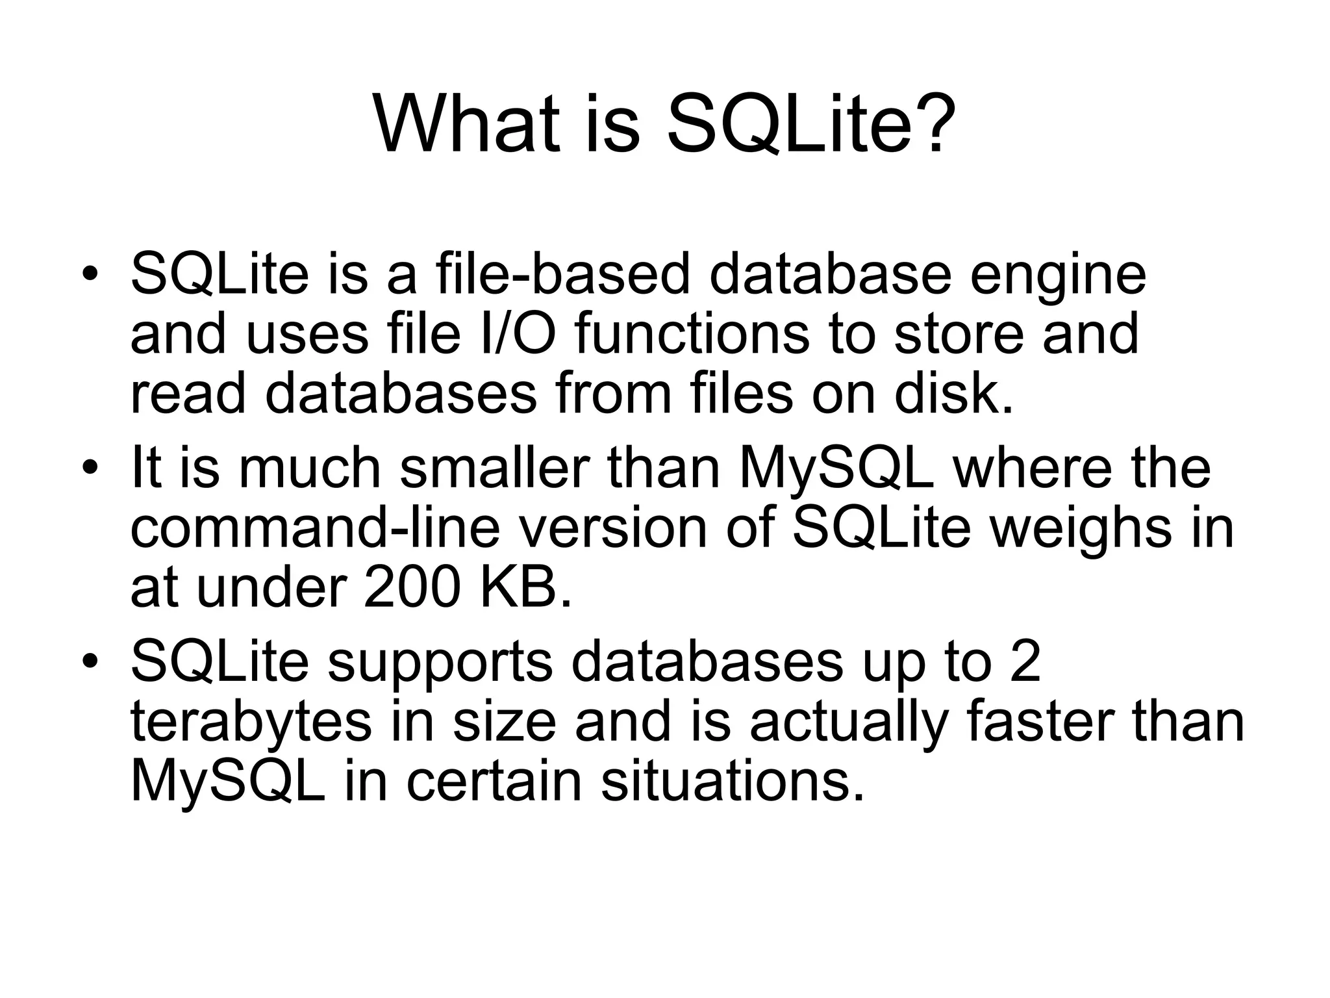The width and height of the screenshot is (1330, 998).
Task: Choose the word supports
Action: pos(440,664)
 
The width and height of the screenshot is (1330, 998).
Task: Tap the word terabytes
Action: pos(251,723)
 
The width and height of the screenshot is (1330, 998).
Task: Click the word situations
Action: pos(733,781)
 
